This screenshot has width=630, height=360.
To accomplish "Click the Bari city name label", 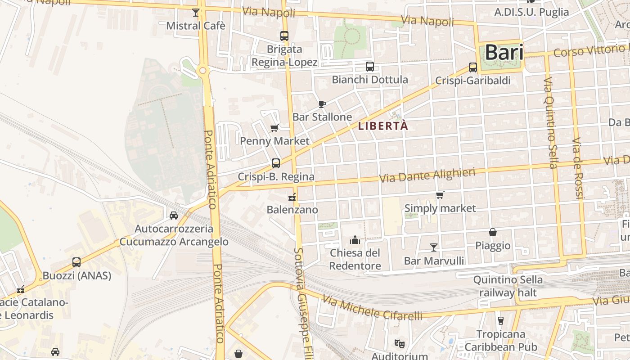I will pyautogui.click(x=504, y=53).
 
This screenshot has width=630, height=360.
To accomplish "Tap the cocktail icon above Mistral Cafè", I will pyautogui.click(x=196, y=13).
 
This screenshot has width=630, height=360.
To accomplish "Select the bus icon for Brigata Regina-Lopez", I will pyautogui.click(x=284, y=36).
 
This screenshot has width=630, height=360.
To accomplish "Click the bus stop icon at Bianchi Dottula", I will pyautogui.click(x=370, y=67).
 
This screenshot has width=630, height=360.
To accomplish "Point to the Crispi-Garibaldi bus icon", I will pyautogui.click(x=473, y=67).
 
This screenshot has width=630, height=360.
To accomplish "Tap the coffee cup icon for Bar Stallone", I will pyautogui.click(x=322, y=104).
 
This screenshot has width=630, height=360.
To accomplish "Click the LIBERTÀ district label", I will pyautogui.click(x=383, y=126).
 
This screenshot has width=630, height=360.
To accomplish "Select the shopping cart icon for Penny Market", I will pyautogui.click(x=274, y=128).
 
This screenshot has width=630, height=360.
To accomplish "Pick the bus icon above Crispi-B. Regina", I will pyautogui.click(x=276, y=163).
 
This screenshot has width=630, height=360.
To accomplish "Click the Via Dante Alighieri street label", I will pyautogui.click(x=427, y=175).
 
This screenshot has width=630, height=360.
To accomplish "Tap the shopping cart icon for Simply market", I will pyautogui.click(x=440, y=195).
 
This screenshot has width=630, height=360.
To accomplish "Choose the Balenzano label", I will pyautogui.click(x=292, y=210).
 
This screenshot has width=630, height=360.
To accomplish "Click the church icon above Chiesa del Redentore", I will pyautogui.click(x=355, y=240).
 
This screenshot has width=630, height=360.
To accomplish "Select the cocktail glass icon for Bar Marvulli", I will pyautogui.click(x=434, y=247).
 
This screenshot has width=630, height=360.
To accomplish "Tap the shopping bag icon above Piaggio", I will pyautogui.click(x=493, y=233).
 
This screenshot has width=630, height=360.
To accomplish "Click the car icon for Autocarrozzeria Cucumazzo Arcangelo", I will pyautogui.click(x=174, y=216).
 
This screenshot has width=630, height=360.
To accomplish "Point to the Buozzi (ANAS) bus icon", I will pyautogui.click(x=76, y=262).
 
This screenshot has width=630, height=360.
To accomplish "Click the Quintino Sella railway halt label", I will pyautogui.click(x=508, y=286).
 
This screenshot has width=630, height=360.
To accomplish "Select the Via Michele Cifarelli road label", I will pyautogui.click(x=372, y=309).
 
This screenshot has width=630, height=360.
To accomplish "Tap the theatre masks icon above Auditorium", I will pyautogui.click(x=399, y=344).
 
